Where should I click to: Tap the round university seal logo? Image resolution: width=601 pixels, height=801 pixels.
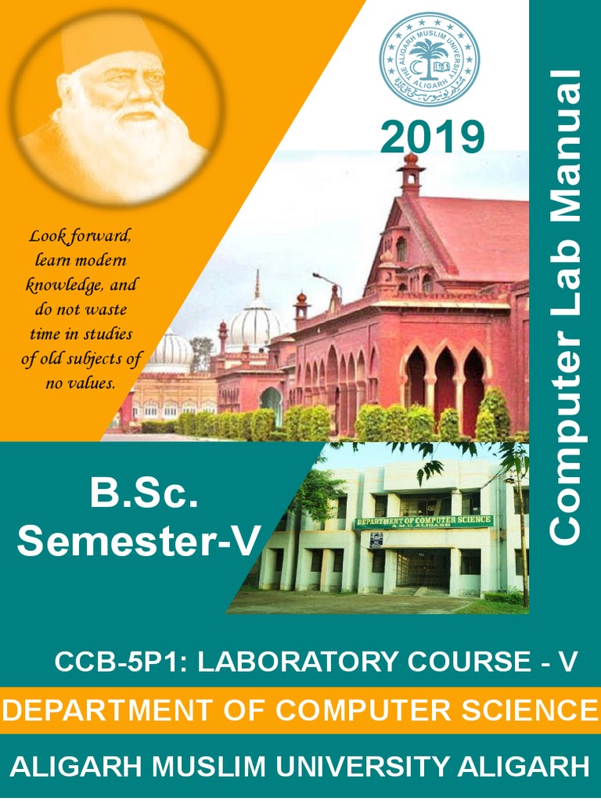(x=429, y=59)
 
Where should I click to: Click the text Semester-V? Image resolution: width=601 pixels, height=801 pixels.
(x=139, y=542)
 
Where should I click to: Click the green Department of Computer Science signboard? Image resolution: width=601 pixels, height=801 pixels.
(x=423, y=522)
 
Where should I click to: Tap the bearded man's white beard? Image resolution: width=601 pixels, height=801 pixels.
(x=117, y=141)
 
